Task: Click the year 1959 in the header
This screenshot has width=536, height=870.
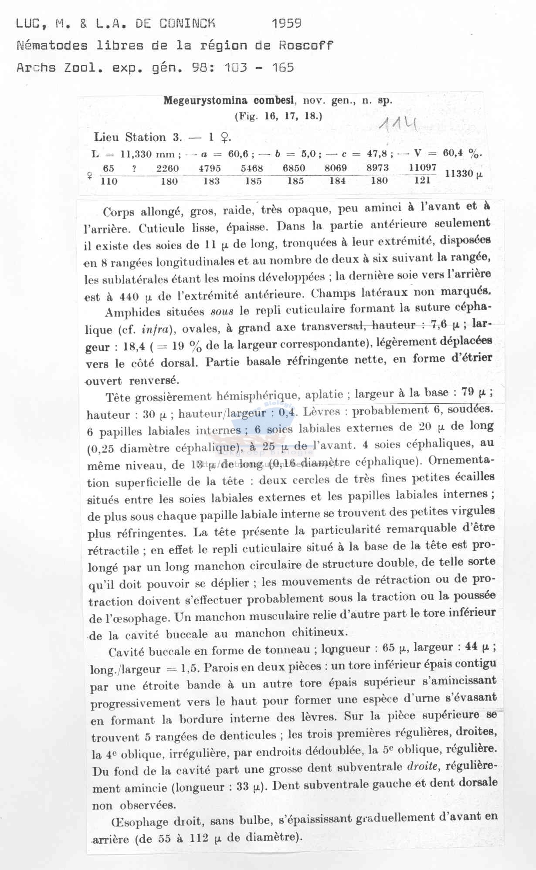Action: (287, 23)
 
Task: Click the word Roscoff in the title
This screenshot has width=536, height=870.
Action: (306, 45)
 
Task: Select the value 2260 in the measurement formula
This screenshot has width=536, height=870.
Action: (168, 168)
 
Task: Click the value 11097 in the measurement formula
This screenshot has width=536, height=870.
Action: (423, 167)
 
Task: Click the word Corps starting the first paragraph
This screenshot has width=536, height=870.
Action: (119, 212)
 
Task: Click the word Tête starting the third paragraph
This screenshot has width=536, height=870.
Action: (118, 397)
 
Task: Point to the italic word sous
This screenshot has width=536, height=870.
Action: (222, 311)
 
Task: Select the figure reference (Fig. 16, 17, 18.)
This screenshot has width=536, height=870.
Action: (278, 116)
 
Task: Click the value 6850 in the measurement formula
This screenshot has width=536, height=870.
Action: (294, 168)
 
